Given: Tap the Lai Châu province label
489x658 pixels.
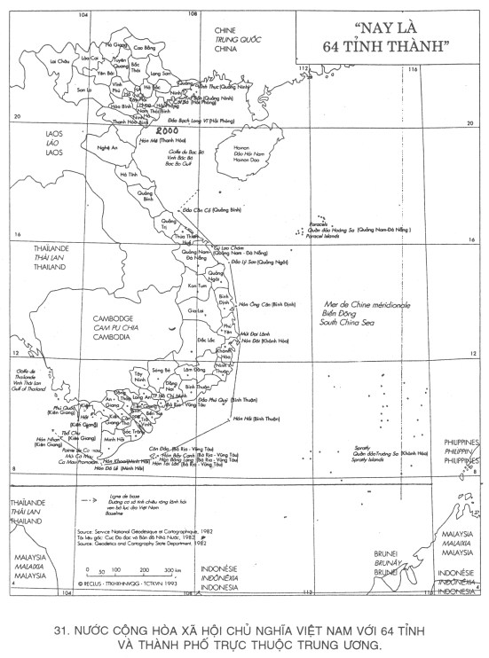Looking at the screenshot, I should pos(59,61).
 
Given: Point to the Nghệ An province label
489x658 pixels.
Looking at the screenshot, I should pos(107,147).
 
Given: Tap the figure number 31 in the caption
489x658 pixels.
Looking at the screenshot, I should pos(61,631).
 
